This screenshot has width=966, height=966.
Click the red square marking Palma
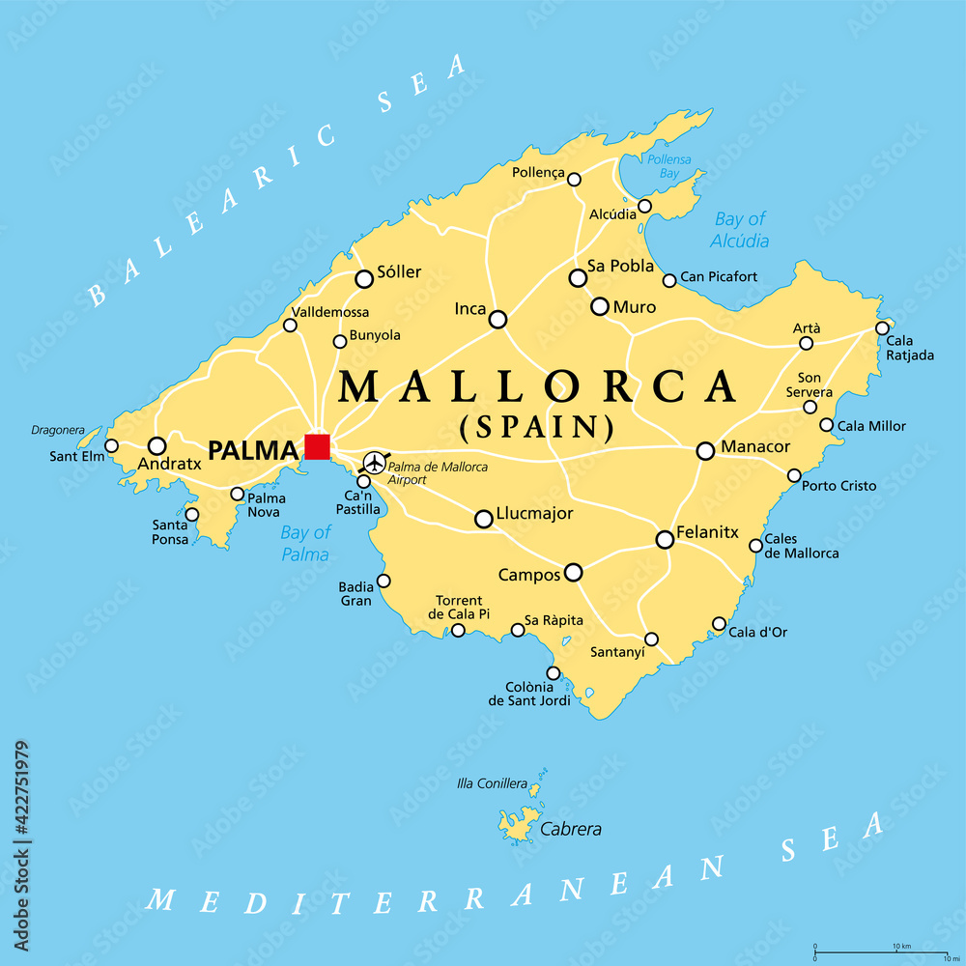click(x=317, y=446)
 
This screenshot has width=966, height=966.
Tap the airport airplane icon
click(x=373, y=463)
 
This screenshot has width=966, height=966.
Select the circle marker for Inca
click(x=497, y=319)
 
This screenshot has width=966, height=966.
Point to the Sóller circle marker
click(x=364, y=279)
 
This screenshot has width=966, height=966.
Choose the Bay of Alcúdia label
click(x=740, y=230)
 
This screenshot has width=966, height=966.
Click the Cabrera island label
click(x=571, y=829)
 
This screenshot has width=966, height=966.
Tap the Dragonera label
click(x=59, y=430)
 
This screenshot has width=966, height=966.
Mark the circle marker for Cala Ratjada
click(x=882, y=328)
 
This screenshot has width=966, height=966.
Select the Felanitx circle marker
click(x=665, y=539)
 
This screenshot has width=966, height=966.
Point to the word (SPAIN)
click(x=537, y=425)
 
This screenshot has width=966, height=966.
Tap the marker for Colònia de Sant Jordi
click(x=553, y=673)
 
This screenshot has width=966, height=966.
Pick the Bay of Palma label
click(x=305, y=543)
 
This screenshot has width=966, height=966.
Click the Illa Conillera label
click(x=493, y=783)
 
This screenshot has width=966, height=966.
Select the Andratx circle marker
click(x=156, y=445)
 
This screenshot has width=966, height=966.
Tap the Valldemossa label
click(x=329, y=313)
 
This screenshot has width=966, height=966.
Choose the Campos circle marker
click(x=573, y=573)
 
